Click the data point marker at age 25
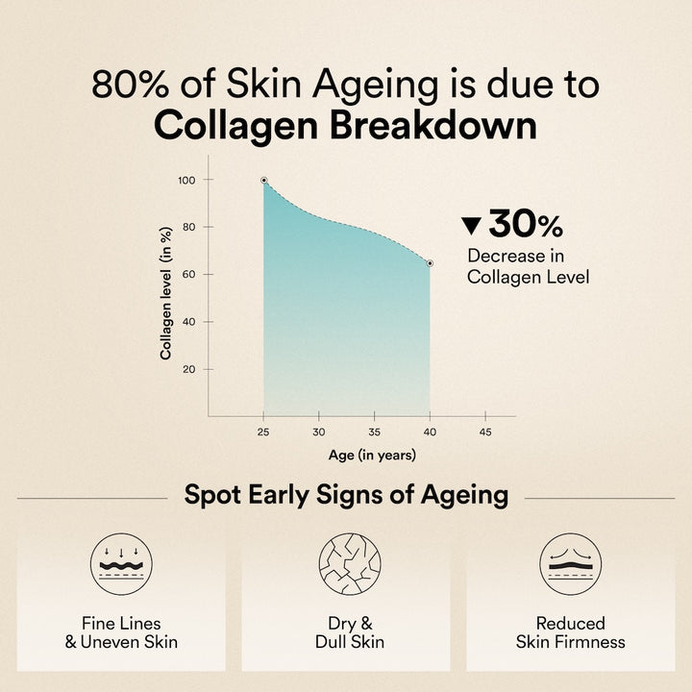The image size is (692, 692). point(264,180)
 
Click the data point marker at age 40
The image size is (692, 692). point(430,263)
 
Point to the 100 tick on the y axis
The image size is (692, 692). point(186,180)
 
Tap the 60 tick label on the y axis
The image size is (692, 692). point(189,274)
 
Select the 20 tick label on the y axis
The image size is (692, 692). point(189,369)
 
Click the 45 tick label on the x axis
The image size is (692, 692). point(484,432)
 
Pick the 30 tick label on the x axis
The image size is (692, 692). point(319,432)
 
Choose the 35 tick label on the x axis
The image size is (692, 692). point(375,432)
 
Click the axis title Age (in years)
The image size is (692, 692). point(374,456)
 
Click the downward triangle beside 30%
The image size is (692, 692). point(471,226)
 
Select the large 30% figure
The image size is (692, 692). point(525,225)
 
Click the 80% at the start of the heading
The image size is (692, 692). point(126,85)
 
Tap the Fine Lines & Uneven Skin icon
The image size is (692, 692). point(121,563)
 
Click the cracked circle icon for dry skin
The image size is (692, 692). point(346,563)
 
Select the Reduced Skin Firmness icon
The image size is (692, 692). point(570,563)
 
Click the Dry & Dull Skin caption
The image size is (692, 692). point(346,631)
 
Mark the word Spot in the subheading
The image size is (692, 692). point(212,496)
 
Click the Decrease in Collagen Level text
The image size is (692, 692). point(528,266)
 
